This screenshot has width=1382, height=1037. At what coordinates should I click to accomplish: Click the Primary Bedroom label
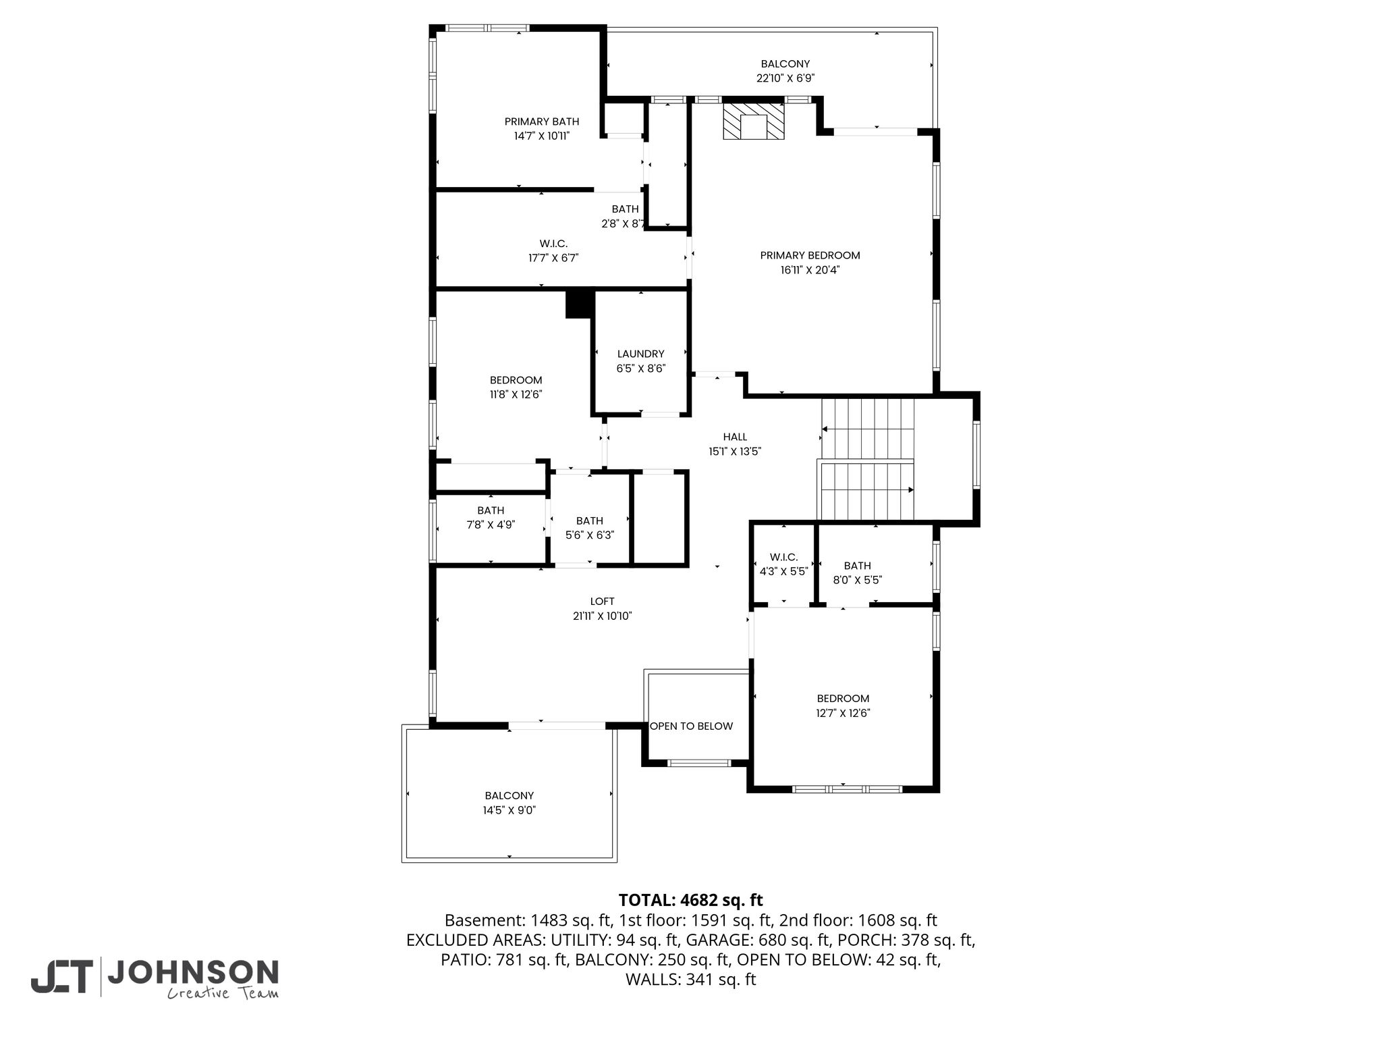click(810, 255)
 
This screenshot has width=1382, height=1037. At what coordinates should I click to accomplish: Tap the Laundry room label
click(640, 354)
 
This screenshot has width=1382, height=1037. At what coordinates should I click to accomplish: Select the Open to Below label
click(691, 726)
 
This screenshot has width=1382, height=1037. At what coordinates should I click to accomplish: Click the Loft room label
click(602, 601)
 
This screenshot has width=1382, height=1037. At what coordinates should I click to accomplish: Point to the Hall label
click(735, 437)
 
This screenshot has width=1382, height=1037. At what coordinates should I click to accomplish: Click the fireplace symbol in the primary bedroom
click(754, 121)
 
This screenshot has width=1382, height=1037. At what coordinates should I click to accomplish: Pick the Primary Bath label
click(542, 122)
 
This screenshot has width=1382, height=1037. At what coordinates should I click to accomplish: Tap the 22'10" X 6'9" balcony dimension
click(785, 78)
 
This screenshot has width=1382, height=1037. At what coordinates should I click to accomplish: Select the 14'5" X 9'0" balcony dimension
click(509, 810)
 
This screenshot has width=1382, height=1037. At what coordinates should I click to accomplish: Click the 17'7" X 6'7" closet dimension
click(553, 258)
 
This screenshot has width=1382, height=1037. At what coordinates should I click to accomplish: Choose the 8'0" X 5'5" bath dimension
click(857, 580)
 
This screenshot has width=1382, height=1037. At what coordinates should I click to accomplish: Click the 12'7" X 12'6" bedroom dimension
click(843, 713)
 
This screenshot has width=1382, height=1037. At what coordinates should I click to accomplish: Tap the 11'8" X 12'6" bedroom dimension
click(516, 395)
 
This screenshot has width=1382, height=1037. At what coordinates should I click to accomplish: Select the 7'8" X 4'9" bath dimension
click(491, 525)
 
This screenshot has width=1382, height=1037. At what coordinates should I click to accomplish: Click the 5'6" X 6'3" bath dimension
click(589, 535)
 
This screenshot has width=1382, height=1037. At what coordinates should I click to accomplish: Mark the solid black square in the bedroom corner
click(579, 303)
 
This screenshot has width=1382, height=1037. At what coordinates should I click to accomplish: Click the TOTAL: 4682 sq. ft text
click(690, 900)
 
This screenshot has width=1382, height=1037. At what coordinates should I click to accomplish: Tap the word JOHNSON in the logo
click(193, 972)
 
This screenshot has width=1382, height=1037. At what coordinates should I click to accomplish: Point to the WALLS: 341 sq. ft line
click(690, 980)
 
